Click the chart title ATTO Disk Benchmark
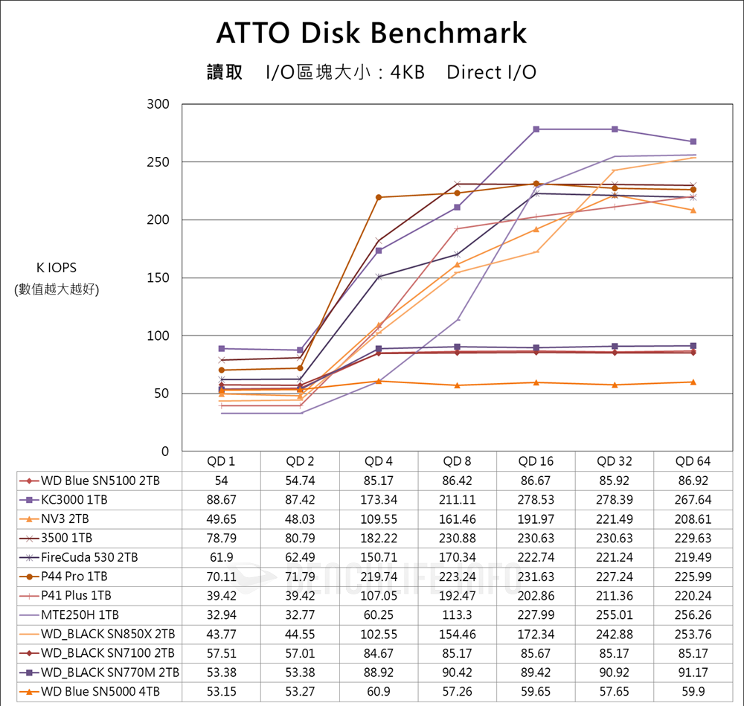[371, 33]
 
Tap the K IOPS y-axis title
[57, 268]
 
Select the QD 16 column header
[536, 461]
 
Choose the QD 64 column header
[693, 461]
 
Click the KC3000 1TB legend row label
[75, 500]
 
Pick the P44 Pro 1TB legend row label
[74, 577]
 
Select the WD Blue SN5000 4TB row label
[100, 693]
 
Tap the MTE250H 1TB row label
[80, 615]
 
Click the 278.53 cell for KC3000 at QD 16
[536, 500]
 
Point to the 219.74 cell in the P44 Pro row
[379, 577]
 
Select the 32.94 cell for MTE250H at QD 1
[221, 615]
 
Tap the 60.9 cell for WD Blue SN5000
[379, 693]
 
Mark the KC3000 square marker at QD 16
[536, 129]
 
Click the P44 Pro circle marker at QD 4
[379, 197]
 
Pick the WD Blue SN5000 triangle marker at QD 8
[458, 385]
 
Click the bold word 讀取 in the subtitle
[225, 72]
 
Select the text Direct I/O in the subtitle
[491, 72]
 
